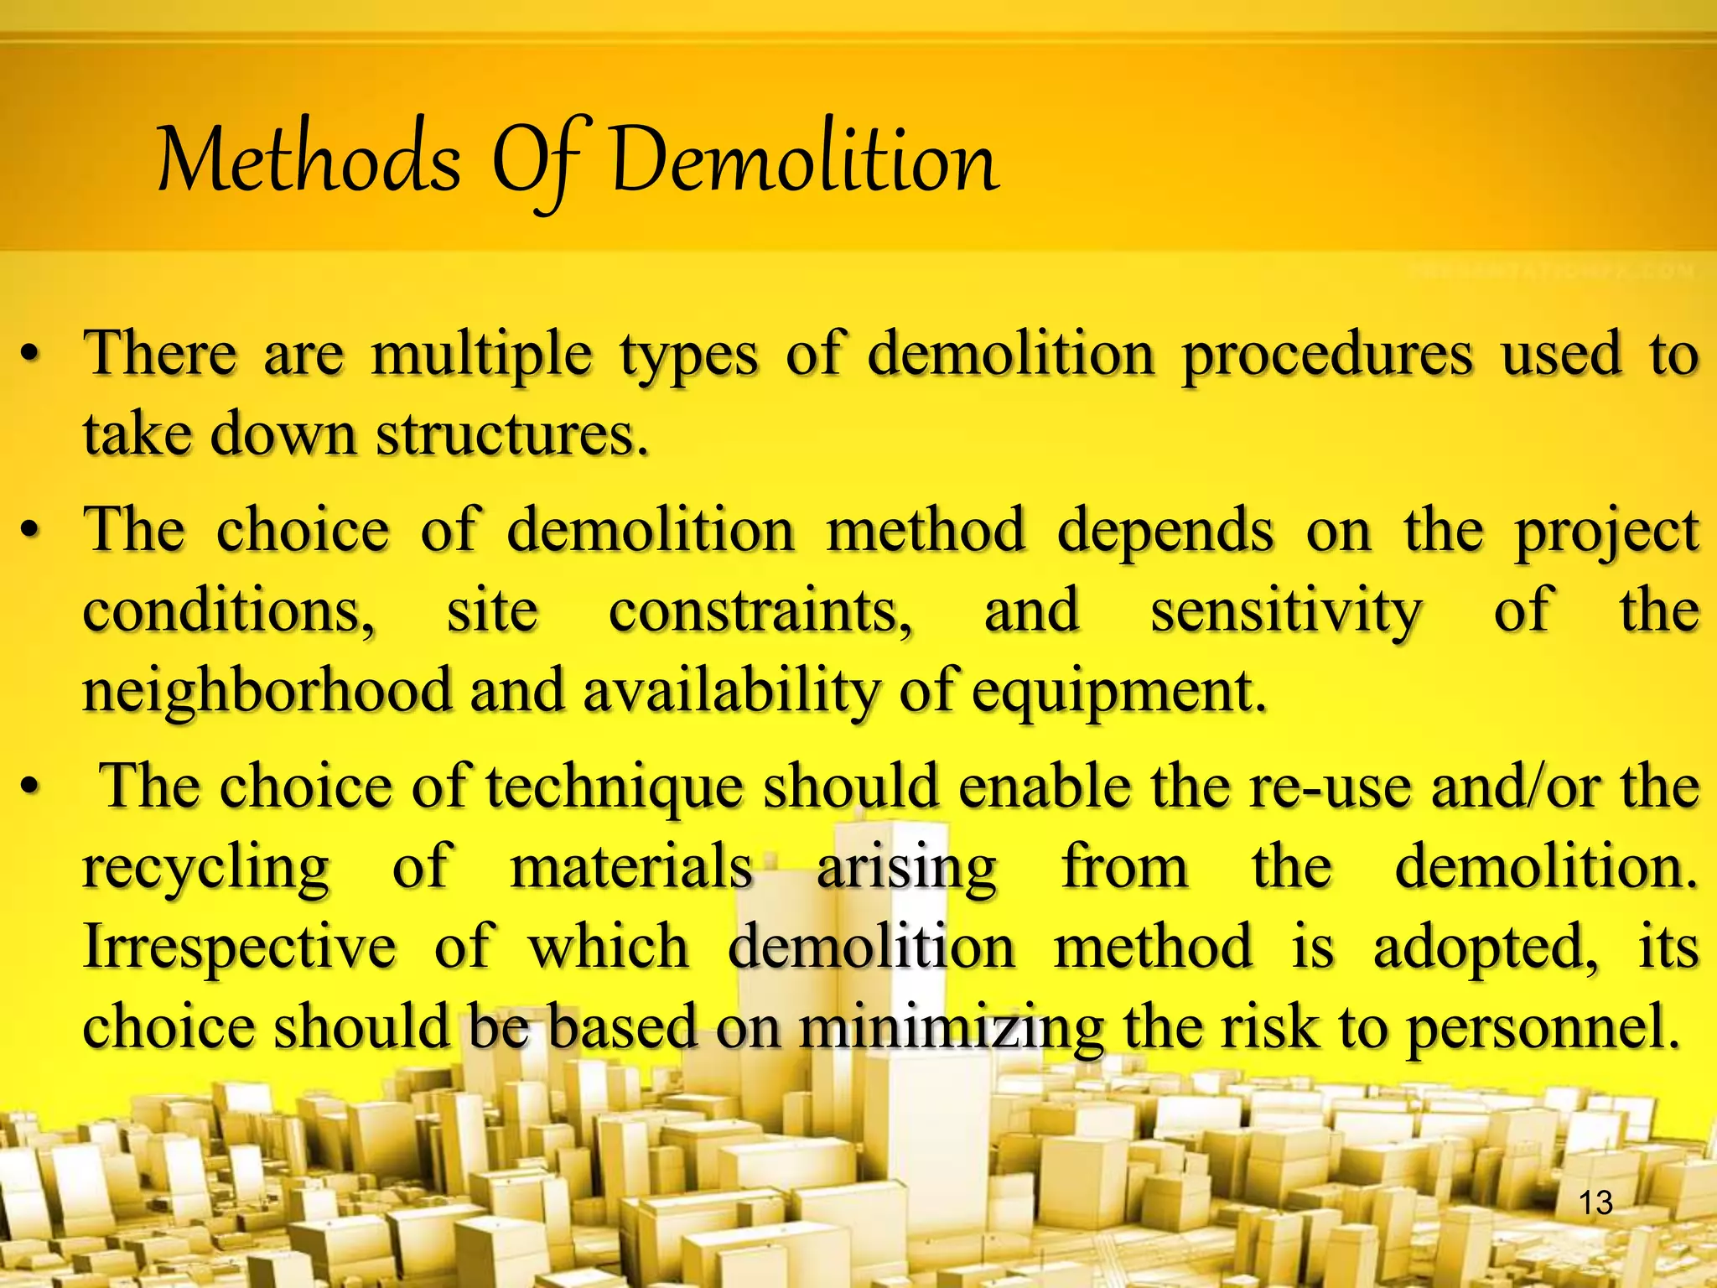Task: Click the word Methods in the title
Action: tap(309, 161)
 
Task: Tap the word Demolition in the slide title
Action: tap(805, 161)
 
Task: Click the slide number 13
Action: tap(1595, 1202)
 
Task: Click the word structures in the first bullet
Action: tap(511, 434)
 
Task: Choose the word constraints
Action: tap(760, 610)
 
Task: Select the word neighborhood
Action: tap(267, 691)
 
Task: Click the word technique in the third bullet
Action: tap(615, 788)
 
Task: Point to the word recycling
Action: tap(206, 869)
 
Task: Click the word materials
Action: tap(631, 867)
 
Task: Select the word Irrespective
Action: tap(240, 948)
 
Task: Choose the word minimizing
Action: tap(951, 1028)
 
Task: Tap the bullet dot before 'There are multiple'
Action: tap(30, 356)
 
